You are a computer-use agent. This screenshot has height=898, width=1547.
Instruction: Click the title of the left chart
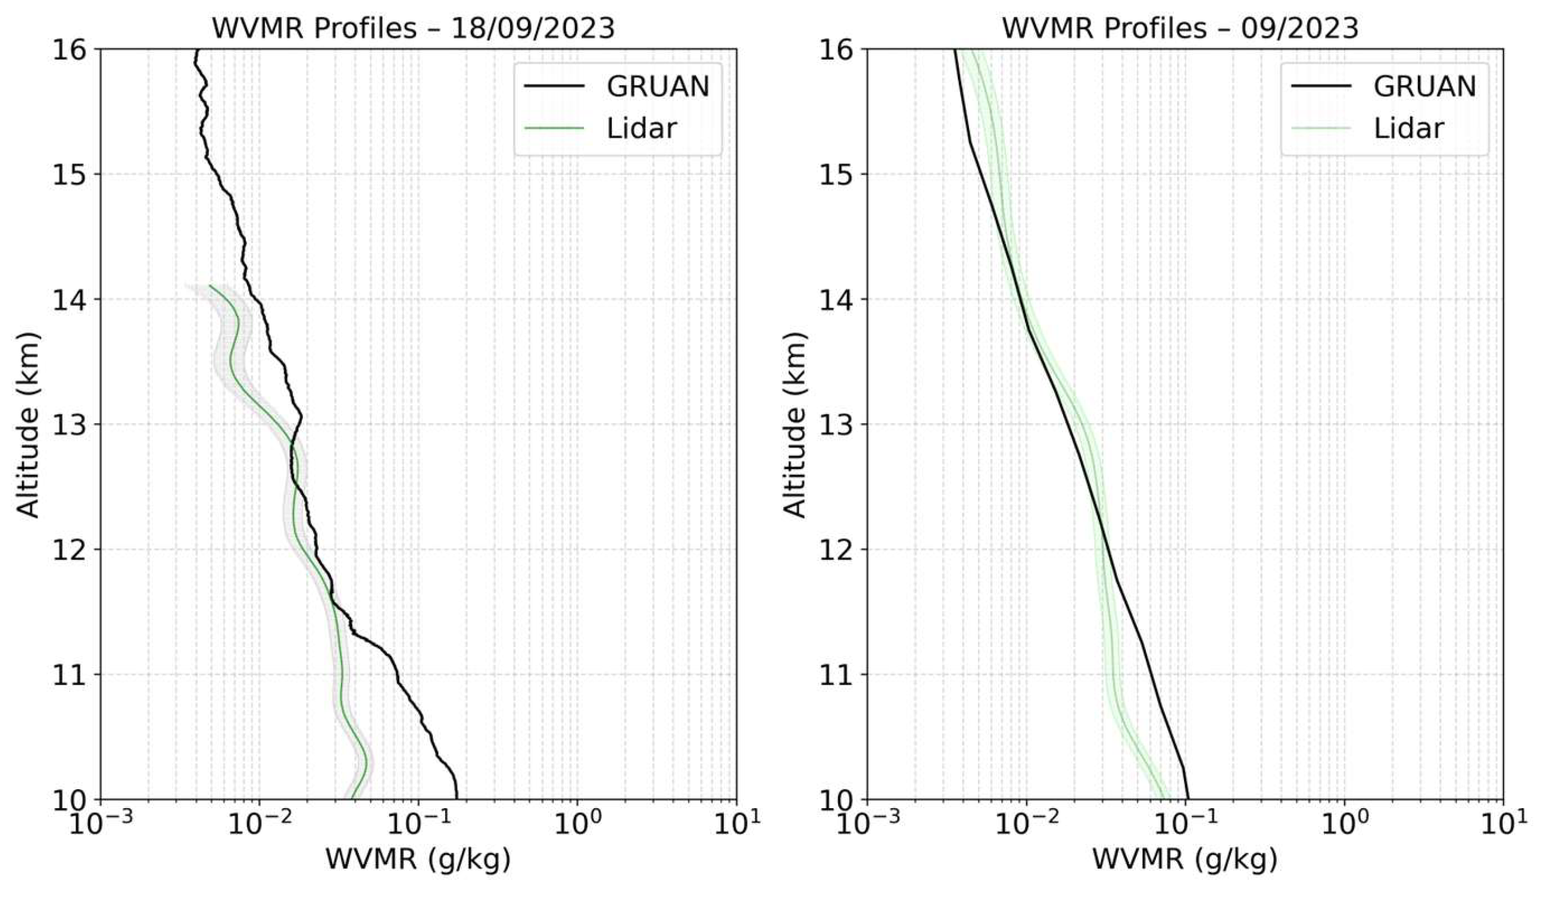pos(413,28)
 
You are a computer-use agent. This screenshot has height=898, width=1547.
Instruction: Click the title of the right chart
pos(1180,28)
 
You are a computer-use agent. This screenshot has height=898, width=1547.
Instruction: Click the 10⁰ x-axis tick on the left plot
pos(576,824)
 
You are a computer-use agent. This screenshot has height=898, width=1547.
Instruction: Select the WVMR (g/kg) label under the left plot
pos(417,859)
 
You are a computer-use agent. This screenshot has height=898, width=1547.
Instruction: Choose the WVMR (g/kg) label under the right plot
pos(1185,859)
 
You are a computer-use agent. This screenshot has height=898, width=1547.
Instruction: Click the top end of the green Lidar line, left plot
pos(210,286)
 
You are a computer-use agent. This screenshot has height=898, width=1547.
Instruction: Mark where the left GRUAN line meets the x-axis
pos(456,798)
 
